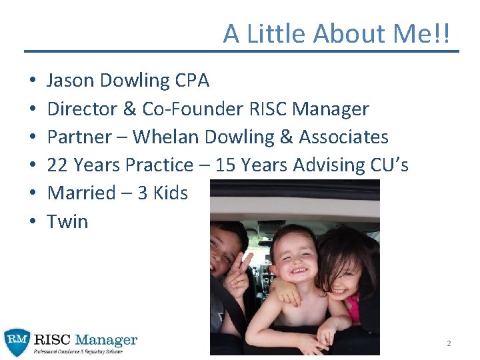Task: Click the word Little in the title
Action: pos(277,33)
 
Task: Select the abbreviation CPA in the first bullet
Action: pos(192,81)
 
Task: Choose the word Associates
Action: pos(343,137)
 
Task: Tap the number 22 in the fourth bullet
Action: pos(57,165)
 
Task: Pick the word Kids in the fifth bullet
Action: pos(171,193)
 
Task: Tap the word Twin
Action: pos(67,221)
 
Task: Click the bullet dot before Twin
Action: pos(32,221)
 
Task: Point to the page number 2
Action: pos(449,343)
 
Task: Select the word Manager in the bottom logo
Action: pos(107,340)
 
